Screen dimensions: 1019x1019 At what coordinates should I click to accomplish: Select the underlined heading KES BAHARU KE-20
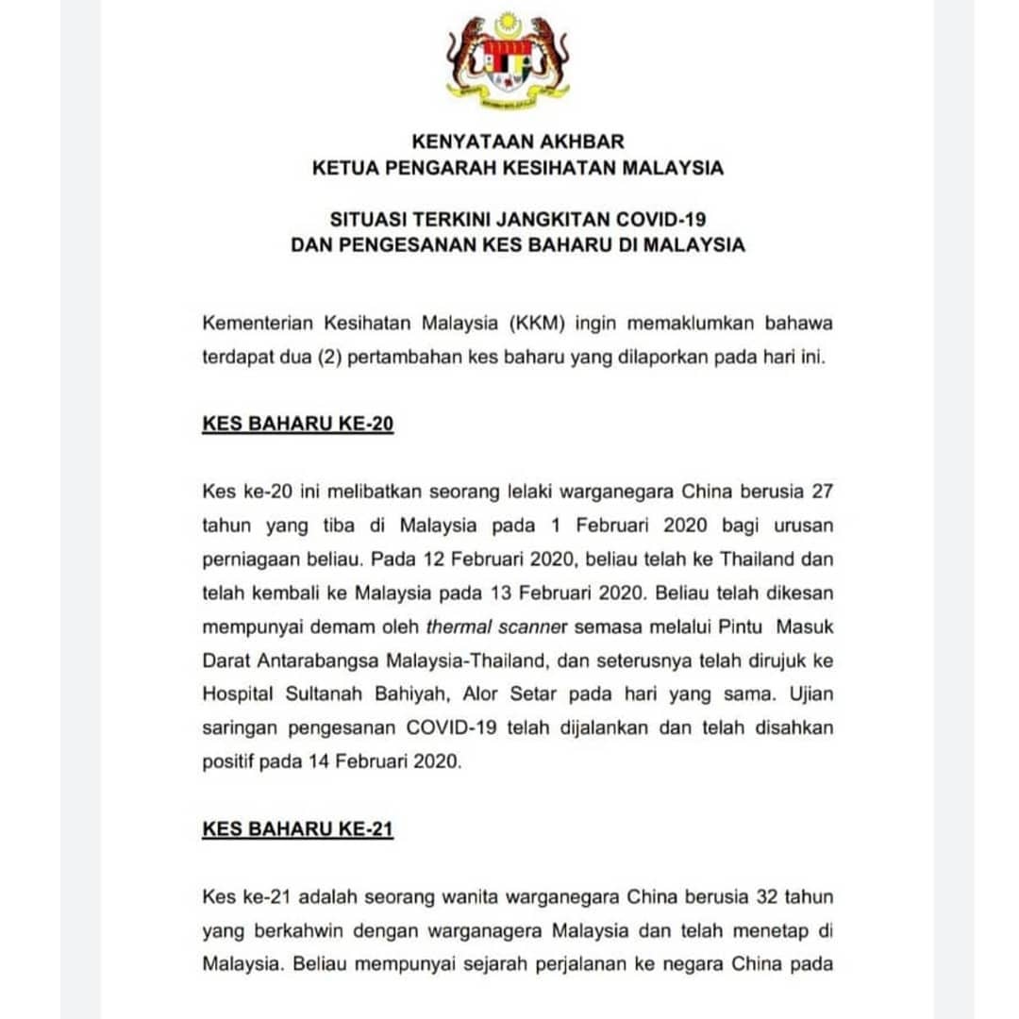click(x=297, y=424)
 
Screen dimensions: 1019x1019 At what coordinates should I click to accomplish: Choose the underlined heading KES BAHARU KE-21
click(x=297, y=829)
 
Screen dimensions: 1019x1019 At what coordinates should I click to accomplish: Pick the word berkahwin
click(x=298, y=929)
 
